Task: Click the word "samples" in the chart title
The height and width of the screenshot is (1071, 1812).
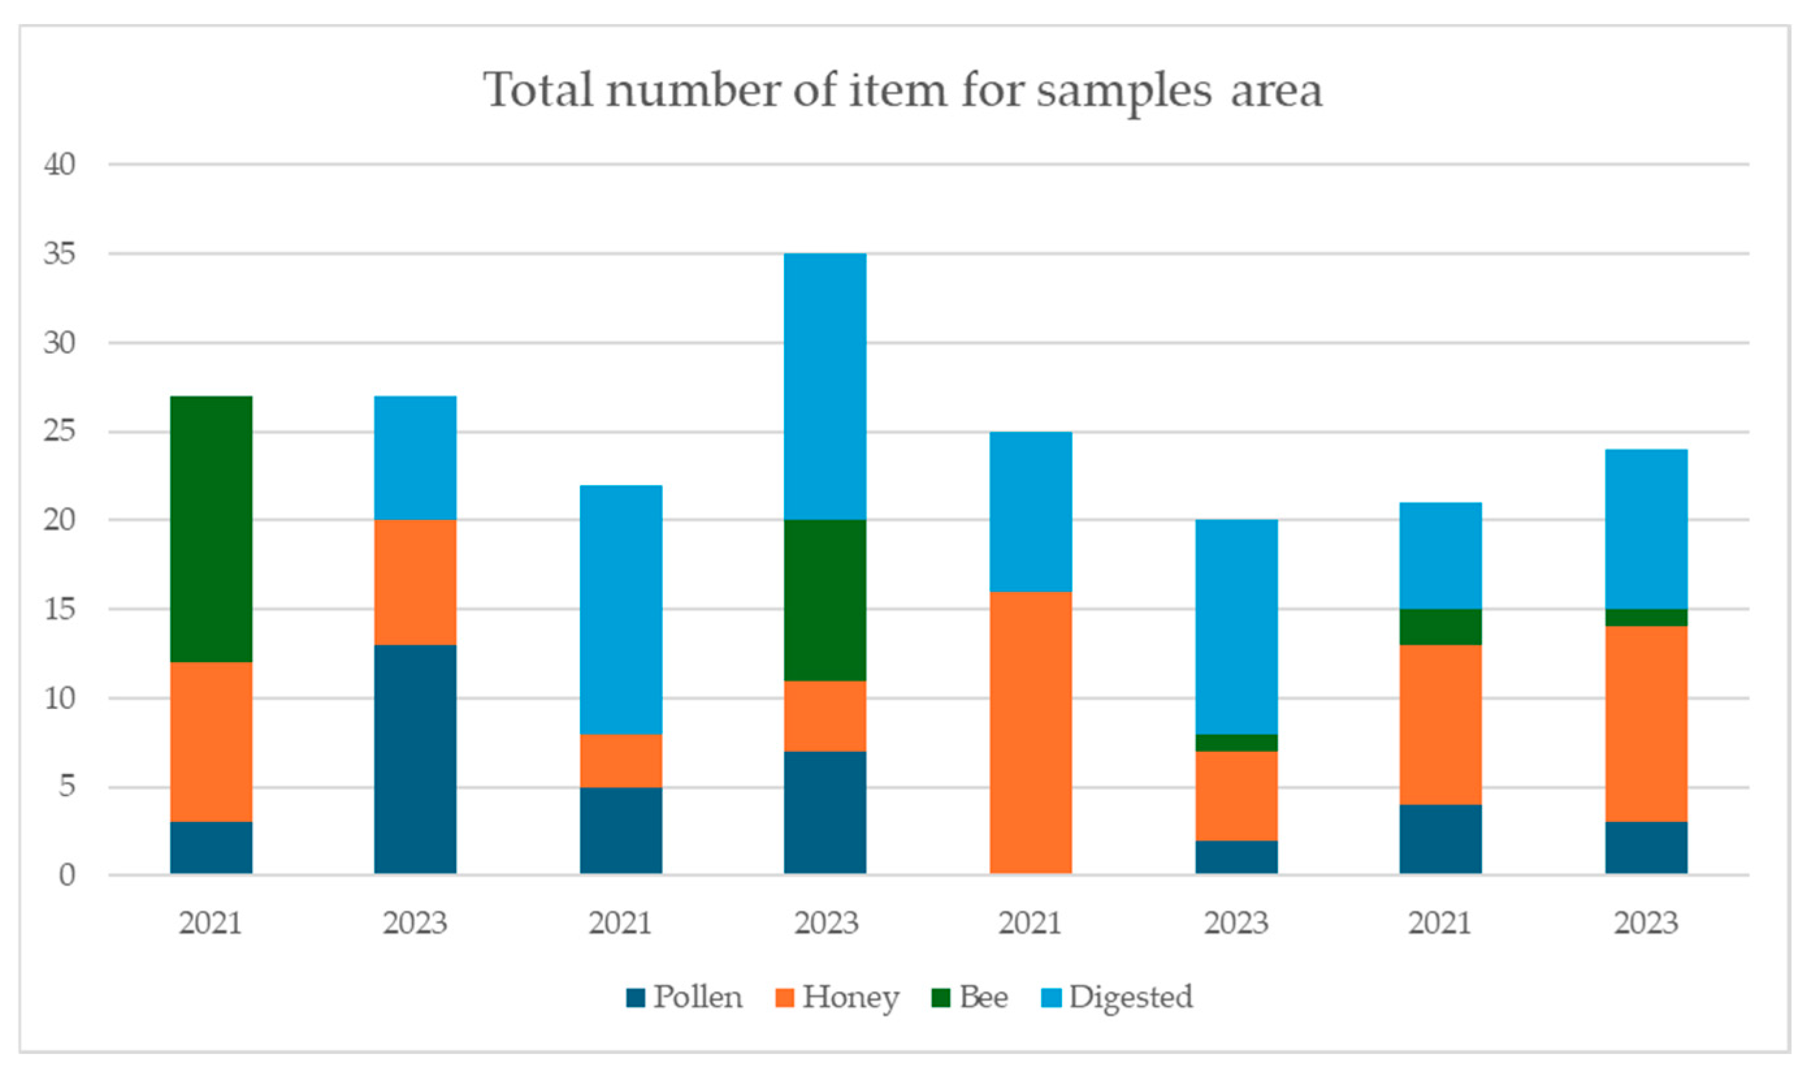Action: (x=1124, y=92)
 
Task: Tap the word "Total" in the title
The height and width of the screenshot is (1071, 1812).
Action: (x=539, y=90)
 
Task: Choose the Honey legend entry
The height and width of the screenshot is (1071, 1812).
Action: (x=837, y=998)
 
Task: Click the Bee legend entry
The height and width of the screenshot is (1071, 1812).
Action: (x=969, y=997)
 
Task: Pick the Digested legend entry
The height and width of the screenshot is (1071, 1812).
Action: (x=1118, y=998)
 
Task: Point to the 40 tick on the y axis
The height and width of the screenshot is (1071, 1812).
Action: (x=59, y=164)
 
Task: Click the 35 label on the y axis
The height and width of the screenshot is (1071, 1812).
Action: (x=59, y=254)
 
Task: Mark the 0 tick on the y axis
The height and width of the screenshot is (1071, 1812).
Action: (x=67, y=875)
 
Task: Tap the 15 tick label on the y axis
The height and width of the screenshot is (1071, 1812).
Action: (x=59, y=610)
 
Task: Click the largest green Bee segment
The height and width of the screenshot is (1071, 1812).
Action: (x=211, y=529)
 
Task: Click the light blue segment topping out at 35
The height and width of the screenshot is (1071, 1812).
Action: (x=825, y=387)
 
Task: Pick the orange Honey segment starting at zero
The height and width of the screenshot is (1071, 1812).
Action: (x=1031, y=733)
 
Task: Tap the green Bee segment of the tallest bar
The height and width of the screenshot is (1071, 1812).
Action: (x=825, y=600)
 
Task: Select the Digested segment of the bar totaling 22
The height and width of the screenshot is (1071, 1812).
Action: (x=621, y=610)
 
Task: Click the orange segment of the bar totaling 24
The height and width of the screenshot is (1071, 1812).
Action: (x=1646, y=724)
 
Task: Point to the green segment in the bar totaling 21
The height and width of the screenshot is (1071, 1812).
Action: (x=1440, y=627)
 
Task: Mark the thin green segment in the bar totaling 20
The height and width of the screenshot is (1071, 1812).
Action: (x=1236, y=743)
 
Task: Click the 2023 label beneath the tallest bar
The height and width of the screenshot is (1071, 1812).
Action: (x=825, y=923)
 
